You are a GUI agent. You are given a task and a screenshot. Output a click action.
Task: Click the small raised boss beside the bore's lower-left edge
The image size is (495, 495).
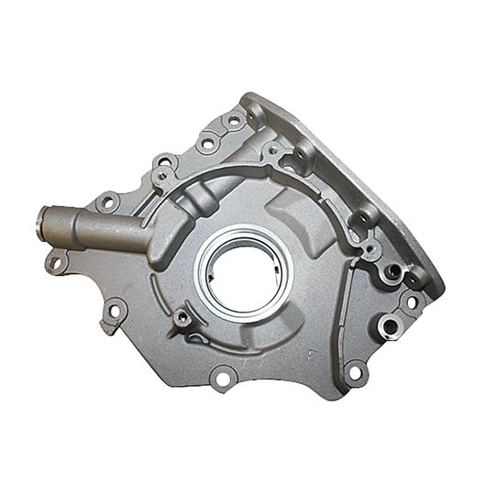point(183,317)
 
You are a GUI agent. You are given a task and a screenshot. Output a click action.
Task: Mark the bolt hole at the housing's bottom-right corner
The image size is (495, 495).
point(356,371)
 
